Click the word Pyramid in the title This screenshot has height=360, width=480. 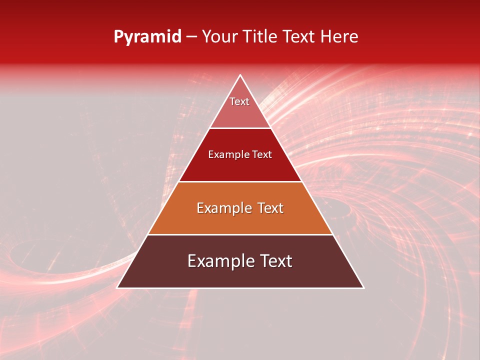tap(147, 37)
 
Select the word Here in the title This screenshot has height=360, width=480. tap(339, 36)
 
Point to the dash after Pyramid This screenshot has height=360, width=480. tap(191, 37)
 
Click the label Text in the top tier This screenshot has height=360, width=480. tap(239, 101)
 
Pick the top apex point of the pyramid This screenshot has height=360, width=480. tap(240, 75)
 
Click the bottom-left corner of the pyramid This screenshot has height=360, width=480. tap(117, 287)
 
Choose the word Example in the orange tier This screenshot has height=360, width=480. tap(223, 208)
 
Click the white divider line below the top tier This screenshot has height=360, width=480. tap(240, 128)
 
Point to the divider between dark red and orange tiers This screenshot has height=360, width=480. tap(240, 181)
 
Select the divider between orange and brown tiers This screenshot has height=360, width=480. tap(240, 234)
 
